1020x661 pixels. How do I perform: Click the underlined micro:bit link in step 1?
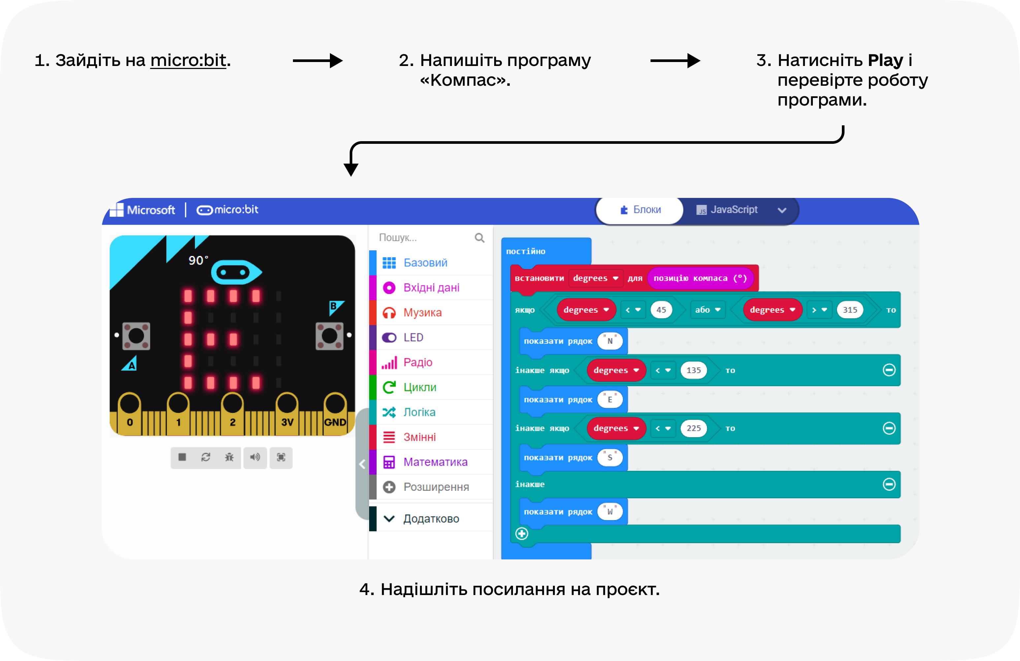188,60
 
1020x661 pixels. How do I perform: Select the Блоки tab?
640,210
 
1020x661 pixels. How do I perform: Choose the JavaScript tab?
727,210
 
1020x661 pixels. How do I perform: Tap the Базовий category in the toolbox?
425,263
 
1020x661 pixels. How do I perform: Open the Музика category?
422,313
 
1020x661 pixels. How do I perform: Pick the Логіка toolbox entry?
419,412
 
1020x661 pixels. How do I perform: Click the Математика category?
435,462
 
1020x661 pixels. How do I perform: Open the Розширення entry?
436,487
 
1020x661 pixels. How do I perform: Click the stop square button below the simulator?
182,457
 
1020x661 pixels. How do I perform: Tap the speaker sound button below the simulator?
255,457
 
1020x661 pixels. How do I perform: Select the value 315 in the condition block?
849,310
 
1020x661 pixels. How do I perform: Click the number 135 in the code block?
693,370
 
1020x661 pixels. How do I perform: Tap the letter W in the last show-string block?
610,512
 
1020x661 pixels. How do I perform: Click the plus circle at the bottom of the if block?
522,534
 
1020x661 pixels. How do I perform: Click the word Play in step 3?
885,60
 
